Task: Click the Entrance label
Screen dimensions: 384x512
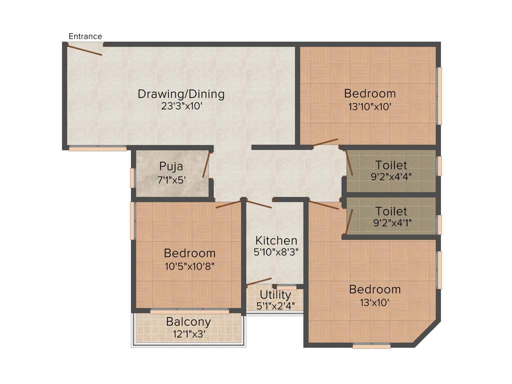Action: point(85,36)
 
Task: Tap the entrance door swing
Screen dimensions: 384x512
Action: point(84,50)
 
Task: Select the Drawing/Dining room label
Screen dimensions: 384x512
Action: point(181,94)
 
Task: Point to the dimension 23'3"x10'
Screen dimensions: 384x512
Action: point(181,106)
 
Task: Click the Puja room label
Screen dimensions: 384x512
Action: point(171,166)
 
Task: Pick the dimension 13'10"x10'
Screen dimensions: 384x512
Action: point(369,106)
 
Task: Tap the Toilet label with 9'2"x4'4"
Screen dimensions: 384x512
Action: point(391,165)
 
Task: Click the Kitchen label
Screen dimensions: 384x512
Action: point(276,240)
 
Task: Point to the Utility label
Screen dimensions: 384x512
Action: point(275,294)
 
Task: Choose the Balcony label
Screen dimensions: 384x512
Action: point(188,322)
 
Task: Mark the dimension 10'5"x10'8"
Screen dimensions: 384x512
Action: point(189,265)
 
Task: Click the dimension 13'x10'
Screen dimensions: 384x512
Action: point(374,302)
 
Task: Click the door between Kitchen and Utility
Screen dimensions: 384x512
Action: point(259,282)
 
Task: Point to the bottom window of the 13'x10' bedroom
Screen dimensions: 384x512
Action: point(371,345)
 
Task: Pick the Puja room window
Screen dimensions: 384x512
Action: point(132,177)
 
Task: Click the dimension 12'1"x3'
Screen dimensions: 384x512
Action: point(188,334)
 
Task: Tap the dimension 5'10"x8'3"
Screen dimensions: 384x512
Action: point(276,252)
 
